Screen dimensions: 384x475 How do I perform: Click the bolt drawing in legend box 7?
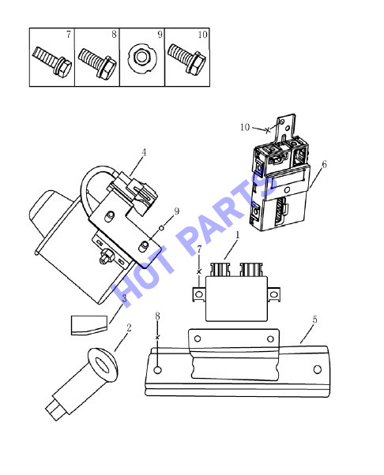coord(52,62)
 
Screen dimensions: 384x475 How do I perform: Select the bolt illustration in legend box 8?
coord(97,62)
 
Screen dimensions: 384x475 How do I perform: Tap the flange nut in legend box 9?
coord(142,58)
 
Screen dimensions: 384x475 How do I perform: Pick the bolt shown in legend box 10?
coord(186,58)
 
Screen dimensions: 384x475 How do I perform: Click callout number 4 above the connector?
coord(144,152)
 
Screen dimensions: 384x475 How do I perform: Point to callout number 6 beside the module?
coord(324,164)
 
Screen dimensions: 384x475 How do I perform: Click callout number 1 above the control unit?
coord(238,235)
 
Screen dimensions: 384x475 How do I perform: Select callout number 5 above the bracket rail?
coord(314,320)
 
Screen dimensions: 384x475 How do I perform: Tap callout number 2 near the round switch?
coord(129,327)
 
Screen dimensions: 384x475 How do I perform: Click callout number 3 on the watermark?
coord(124,298)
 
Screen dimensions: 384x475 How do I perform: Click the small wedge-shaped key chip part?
coord(89,325)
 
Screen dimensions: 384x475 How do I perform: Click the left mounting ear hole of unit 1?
coord(199,294)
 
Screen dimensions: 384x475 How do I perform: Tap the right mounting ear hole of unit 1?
coord(273,294)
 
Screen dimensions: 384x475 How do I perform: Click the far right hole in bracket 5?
coord(318,369)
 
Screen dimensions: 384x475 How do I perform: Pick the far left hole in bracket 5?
coord(158,370)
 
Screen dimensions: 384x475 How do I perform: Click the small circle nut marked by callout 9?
coord(162,227)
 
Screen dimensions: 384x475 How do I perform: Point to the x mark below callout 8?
coord(157,338)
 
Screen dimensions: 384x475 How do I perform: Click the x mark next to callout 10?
coord(267,130)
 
